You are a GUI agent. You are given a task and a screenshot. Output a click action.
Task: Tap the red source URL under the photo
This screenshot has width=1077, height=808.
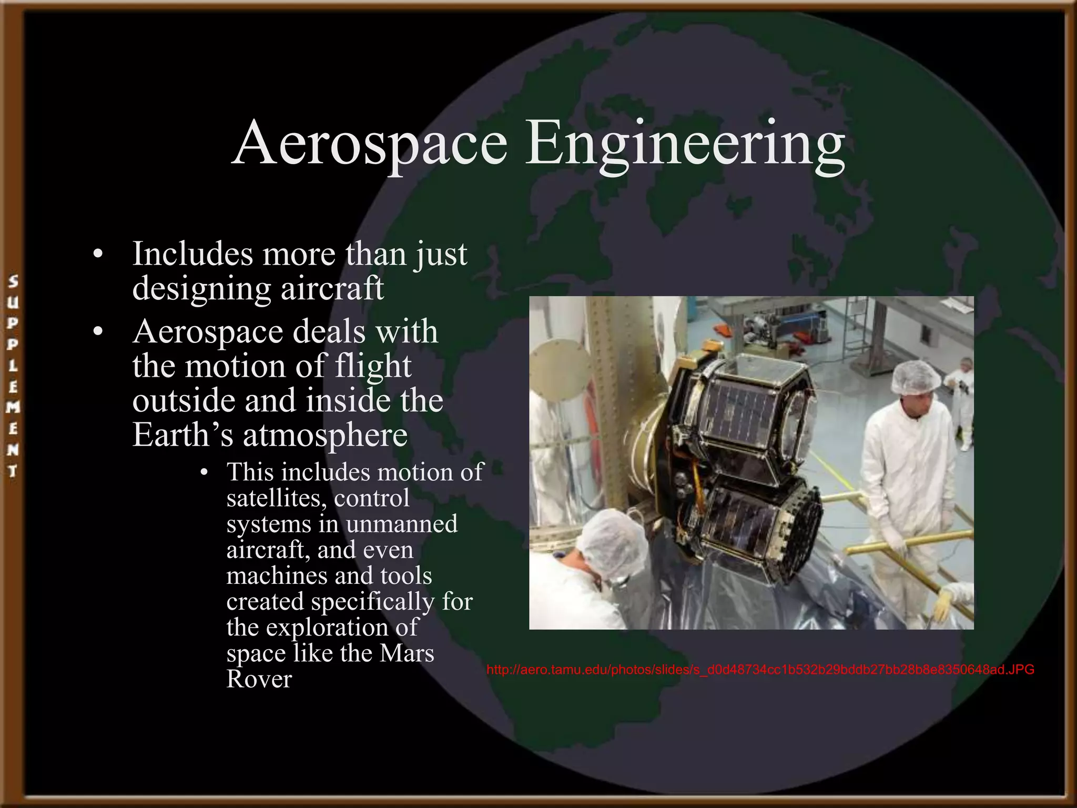pos(760,670)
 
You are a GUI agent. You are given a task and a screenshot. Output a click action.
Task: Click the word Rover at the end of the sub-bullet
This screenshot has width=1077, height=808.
pos(259,679)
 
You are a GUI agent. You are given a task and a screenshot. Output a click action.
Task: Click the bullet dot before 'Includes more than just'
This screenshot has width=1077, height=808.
pos(97,255)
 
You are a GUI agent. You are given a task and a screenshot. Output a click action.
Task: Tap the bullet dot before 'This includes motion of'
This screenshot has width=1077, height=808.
pos(205,473)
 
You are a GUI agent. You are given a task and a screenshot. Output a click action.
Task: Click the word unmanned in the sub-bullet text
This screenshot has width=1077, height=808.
pos(402,524)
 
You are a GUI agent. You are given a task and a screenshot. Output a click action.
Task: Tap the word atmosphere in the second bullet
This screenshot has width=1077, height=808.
pos(325,436)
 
